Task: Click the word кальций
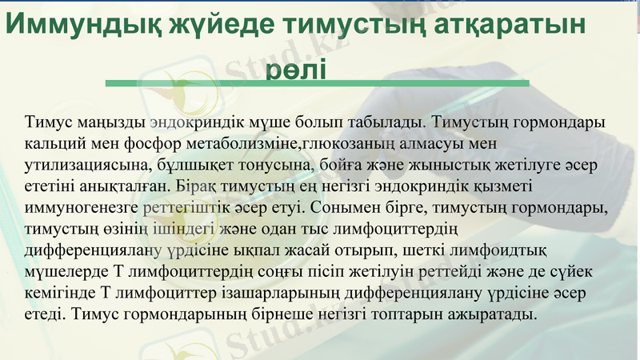point(58,143)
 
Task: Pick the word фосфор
point(145,143)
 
